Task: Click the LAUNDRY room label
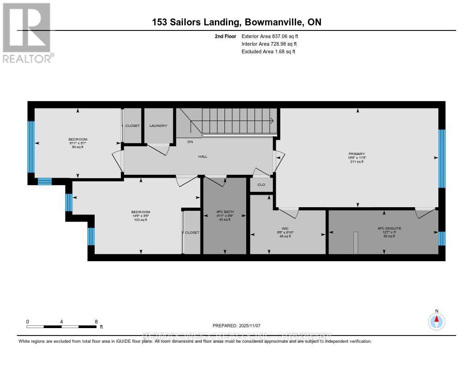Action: (158, 126)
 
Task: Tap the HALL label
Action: (203, 156)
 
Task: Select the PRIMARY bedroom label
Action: (357, 154)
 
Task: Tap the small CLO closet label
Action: (261, 185)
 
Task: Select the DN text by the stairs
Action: (189, 142)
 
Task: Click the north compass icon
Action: (437, 320)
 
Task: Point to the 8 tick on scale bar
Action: (96, 322)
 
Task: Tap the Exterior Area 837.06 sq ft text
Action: (273, 36)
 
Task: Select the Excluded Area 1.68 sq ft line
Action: (268, 52)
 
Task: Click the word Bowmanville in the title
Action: (273, 22)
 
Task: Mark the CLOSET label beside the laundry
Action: (133, 126)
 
